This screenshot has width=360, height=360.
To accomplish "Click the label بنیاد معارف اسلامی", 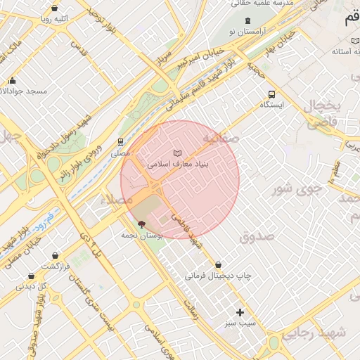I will click(176, 163).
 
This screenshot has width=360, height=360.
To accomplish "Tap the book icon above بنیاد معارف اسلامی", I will click(177, 153).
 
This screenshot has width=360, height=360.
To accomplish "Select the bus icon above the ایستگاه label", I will click(271, 94).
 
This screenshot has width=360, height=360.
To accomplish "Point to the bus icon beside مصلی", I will click(120, 141).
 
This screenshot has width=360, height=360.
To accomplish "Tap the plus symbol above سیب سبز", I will click(240, 312).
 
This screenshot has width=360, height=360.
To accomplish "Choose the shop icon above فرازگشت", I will click(30, 276).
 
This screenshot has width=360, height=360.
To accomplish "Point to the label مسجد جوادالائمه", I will click(28, 91).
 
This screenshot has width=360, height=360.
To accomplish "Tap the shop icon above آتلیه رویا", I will click(55, 8).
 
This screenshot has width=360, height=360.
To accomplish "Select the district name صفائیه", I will click(221, 139).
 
